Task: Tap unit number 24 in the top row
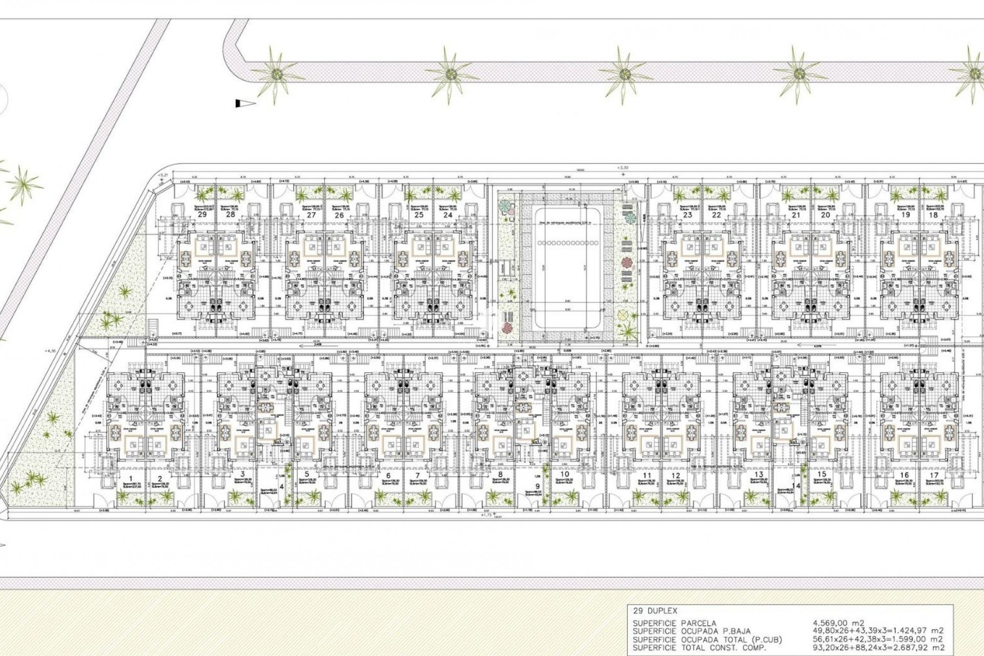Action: pos(448,215)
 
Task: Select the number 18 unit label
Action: pos(933,215)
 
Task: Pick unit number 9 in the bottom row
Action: pos(537,486)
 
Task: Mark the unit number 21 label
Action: pos(796,215)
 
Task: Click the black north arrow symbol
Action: pos(245,104)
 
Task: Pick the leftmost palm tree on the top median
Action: pos(275,74)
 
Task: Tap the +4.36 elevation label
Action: pos(52,351)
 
